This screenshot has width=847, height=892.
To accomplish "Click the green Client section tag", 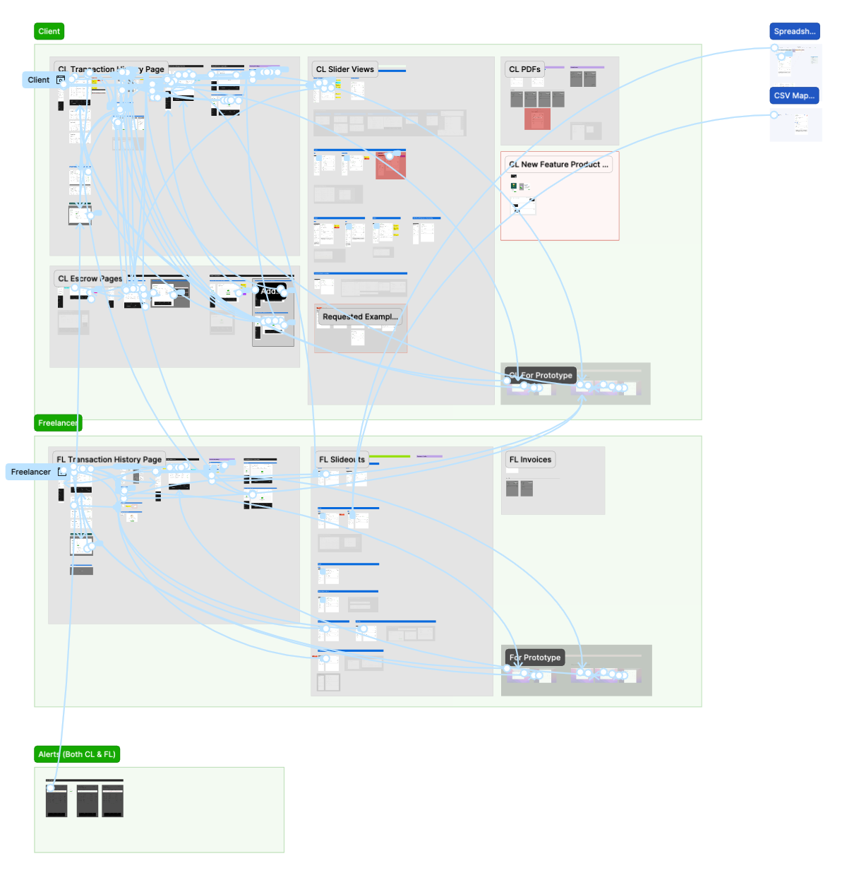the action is tap(49, 31).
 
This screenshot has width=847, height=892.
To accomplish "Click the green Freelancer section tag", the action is tap(58, 423).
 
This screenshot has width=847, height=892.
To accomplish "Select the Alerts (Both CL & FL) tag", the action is tap(77, 754).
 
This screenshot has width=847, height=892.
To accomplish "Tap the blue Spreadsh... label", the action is tap(794, 31).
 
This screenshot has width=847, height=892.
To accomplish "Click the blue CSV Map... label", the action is tap(794, 95).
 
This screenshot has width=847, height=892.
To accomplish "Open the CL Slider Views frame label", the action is tap(344, 69).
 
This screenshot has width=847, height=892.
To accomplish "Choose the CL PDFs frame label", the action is tap(524, 69).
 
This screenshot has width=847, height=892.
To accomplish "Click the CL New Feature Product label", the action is tap(558, 165).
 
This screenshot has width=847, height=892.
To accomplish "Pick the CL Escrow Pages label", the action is tap(90, 279).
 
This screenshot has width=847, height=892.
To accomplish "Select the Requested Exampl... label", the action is tap(360, 317).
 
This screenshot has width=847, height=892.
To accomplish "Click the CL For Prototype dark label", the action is tap(541, 375).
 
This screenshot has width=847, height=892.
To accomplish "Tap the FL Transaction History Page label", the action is tap(109, 460).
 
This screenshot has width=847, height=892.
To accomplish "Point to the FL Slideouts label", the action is tap(342, 460).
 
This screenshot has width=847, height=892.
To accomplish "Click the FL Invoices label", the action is tap(530, 460).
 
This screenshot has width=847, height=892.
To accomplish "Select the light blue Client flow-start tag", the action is tap(39, 80).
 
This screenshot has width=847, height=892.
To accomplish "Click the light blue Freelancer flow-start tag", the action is tap(31, 472).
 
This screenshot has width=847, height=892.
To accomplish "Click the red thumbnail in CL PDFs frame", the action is tap(537, 119).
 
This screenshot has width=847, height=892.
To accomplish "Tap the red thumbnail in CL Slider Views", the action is tap(390, 165).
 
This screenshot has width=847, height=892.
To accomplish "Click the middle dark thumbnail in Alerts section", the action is tap(88, 801).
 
